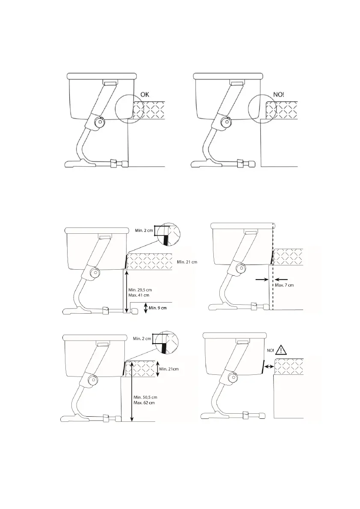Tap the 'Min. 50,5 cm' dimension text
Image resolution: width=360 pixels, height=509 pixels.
(145, 397)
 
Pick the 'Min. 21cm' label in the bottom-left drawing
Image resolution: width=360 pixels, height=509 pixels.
(169, 369)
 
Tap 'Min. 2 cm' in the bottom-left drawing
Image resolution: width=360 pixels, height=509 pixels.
(142, 339)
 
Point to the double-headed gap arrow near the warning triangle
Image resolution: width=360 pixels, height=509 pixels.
(269, 367)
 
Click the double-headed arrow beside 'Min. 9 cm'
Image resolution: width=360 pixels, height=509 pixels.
(146, 308)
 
